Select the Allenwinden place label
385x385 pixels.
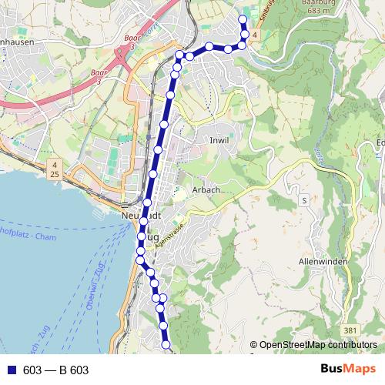(323, 263)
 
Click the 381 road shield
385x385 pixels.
(351, 330)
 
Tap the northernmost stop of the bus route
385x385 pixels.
(243, 19)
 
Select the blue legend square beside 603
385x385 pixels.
(11, 370)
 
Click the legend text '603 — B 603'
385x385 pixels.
(56, 370)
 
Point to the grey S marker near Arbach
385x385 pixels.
(304, 199)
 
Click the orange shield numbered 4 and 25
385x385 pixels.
(55, 170)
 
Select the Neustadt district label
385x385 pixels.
(140, 216)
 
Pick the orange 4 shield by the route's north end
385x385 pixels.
(255, 35)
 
